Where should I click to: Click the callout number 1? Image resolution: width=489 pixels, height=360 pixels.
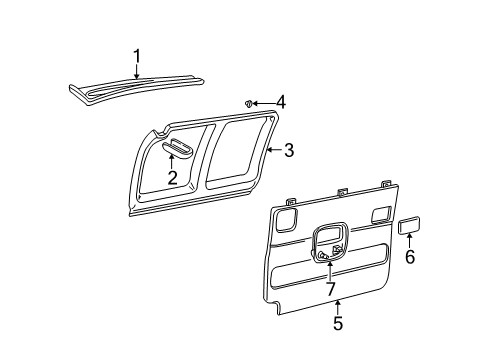click(x=137, y=55)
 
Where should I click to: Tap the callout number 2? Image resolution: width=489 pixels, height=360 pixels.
click(x=172, y=178)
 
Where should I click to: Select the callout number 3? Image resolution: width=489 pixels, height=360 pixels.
click(x=288, y=151)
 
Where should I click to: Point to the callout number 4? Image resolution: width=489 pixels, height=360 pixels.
click(x=281, y=102)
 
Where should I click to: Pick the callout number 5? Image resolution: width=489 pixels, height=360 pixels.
click(x=337, y=323)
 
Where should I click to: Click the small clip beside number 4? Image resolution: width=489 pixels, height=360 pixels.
click(x=248, y=102)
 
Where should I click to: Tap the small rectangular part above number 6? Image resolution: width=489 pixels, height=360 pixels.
click(x=408, y=226)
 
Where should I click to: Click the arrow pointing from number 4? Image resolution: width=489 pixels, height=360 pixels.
click(x=263, y=102)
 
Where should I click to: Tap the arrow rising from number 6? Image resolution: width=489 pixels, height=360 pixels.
click(x=409, y=241)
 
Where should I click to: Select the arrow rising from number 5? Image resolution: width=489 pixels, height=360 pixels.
click(x=337, y=307)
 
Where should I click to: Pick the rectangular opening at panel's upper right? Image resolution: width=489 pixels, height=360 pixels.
click(x=380, y=212)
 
